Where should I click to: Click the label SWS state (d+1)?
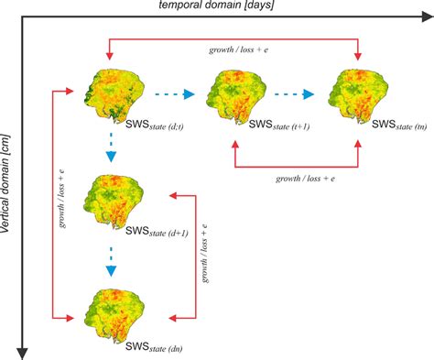[149, 233]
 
